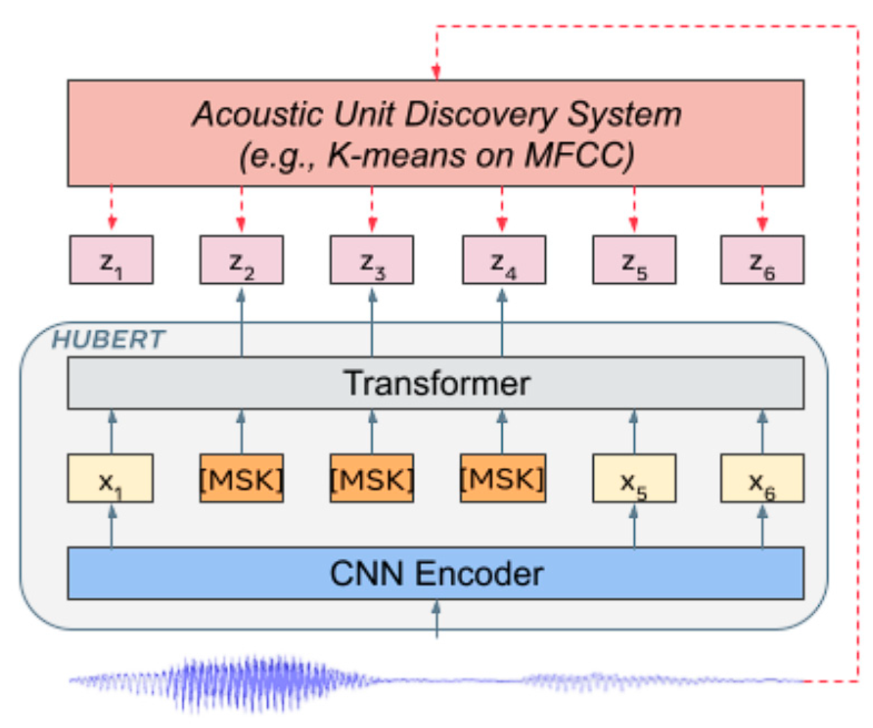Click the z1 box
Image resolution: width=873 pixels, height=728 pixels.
pyautogui.click(x=111, y=260)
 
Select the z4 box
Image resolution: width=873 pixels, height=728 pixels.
pyautogui.click(x=504, y=260)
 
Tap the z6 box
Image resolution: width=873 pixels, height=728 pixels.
pyautogui.click(x=762, y=260)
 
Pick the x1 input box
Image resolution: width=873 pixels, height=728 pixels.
pyautogui.click(x=110, y=478)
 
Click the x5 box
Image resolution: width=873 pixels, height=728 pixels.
pyautogui.click(x=634, y=478)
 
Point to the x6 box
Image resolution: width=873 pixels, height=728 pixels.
pyautogui.click(x=762, y=478)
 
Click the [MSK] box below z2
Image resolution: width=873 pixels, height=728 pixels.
pyautogui.click(x=242, y=478)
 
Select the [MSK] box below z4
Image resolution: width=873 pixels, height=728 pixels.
pyautogui.click(x=503, y=478)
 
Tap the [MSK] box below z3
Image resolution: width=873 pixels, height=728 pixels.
pyautogui.click(x=372, y=478)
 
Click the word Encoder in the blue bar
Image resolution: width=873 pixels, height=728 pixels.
pyautogui.click(x=479, y=574)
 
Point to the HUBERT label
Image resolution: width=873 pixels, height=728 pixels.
pyautogui.click(x=108, y=339)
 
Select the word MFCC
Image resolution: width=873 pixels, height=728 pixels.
pyautogui.click(x=579, y=155)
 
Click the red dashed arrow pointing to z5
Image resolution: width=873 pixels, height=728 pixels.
pyautogui.click(x=634, y=209)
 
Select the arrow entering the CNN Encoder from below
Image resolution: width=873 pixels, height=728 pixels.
pyautogui.click(x=436, y=618)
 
